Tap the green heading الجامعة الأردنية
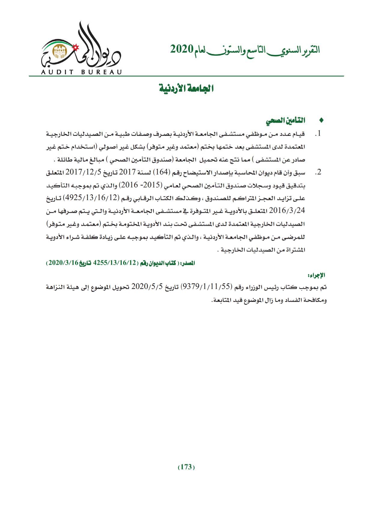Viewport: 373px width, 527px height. click(x=186, y=89)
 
